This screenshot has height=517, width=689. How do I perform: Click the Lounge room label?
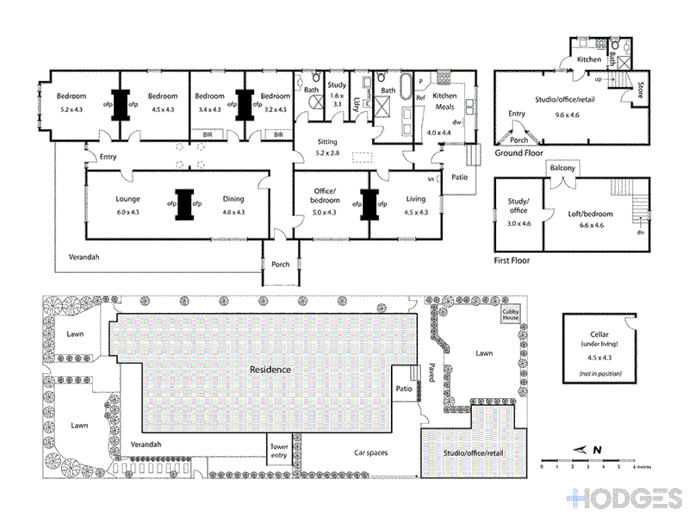128,199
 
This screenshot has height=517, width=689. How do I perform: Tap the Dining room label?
233,199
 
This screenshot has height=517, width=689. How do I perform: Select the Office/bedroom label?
325,195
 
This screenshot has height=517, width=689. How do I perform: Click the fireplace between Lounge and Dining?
184,204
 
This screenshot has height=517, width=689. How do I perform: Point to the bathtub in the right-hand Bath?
406,86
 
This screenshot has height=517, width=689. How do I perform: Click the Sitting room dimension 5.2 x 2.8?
327,153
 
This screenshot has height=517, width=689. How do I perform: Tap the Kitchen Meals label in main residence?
445,101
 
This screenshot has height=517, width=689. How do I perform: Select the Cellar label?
599,334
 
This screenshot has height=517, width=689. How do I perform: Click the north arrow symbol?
580,450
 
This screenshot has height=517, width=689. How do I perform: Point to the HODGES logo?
625,499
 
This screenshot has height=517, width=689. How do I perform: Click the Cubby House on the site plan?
511,315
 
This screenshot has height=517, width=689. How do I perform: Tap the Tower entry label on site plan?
279,451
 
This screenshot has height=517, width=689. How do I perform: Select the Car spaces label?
371,452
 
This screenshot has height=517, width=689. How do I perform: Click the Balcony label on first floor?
562,168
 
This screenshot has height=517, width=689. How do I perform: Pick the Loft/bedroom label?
590,214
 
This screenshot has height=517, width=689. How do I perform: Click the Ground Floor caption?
519,153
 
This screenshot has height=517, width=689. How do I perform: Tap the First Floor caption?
511,260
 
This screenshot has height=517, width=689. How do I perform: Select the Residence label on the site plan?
270,370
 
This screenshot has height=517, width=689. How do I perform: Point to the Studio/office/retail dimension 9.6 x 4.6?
567,115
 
